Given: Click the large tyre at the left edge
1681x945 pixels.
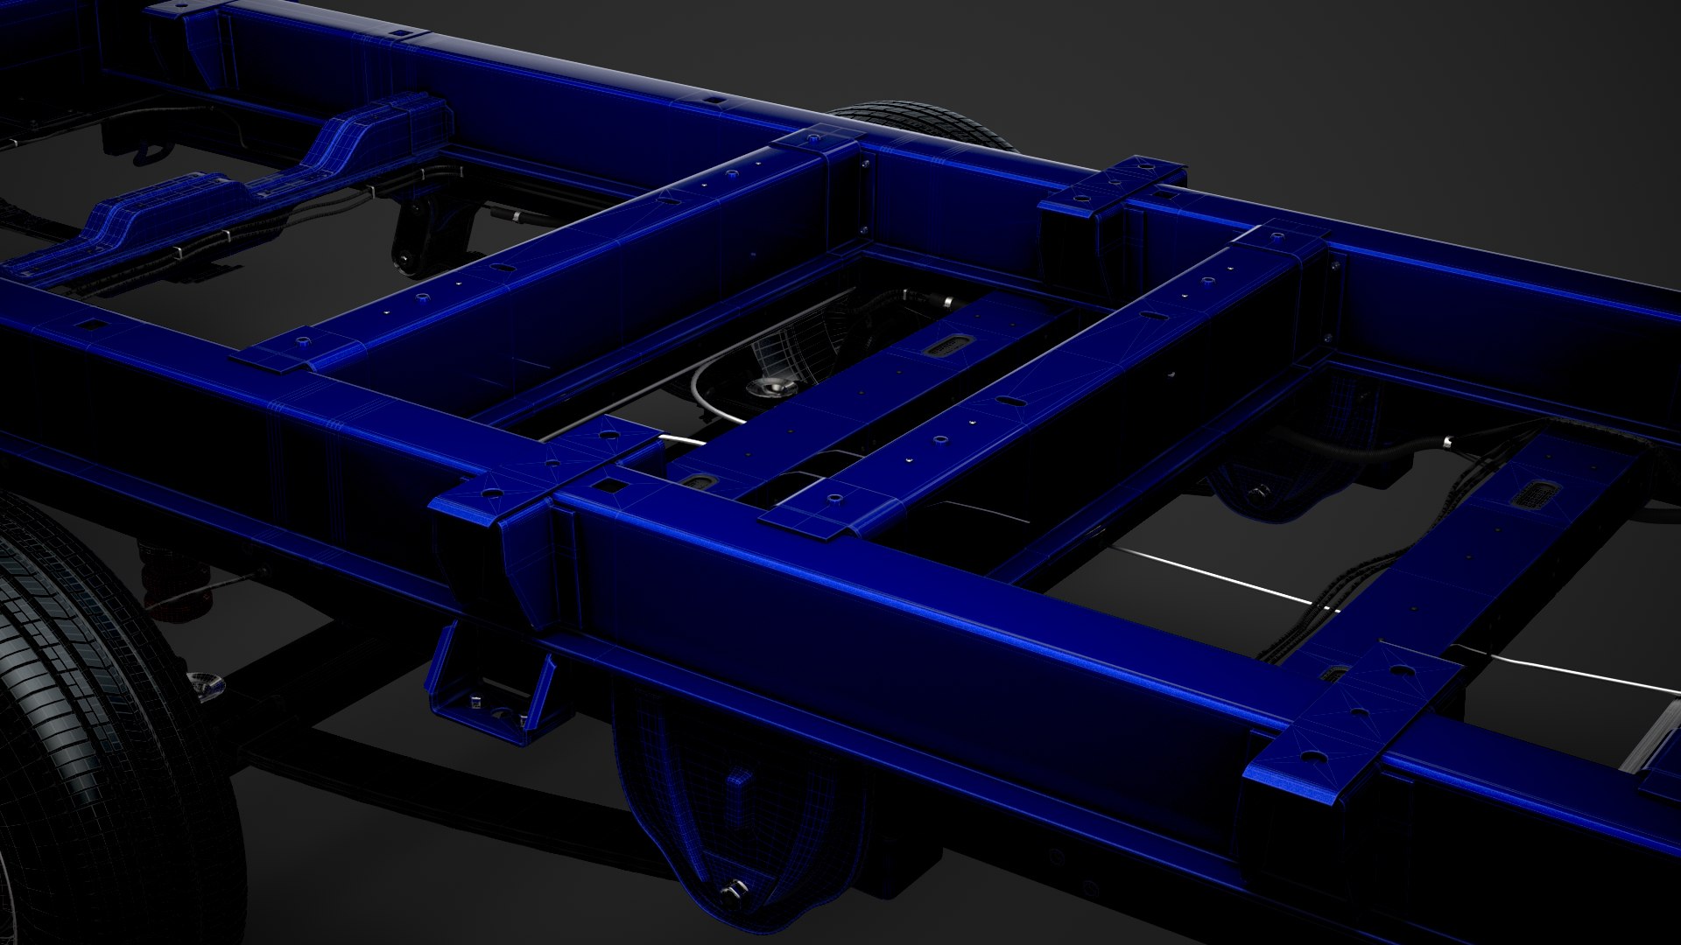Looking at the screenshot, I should coord(96,726).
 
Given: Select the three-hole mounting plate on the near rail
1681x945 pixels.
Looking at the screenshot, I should coord(1353,710).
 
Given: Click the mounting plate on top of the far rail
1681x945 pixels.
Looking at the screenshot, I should coord(1112,185).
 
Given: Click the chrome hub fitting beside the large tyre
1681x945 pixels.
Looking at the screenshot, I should coord(203,686).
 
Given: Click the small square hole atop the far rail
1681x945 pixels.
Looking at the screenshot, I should coord(715,101).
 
